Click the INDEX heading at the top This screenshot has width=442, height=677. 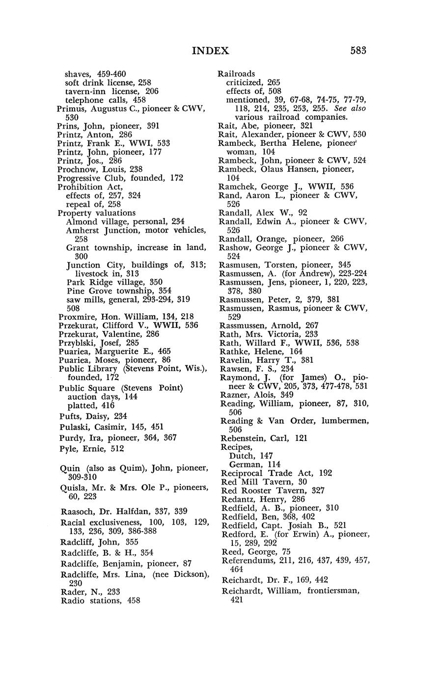(x=210, y=51)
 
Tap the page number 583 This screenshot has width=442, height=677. (x=359, y=51)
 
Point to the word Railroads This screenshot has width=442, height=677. (x=236, y=74)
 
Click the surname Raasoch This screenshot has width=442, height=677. (x=77, y=511)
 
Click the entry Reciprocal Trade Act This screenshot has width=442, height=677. (x=268, y=473)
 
